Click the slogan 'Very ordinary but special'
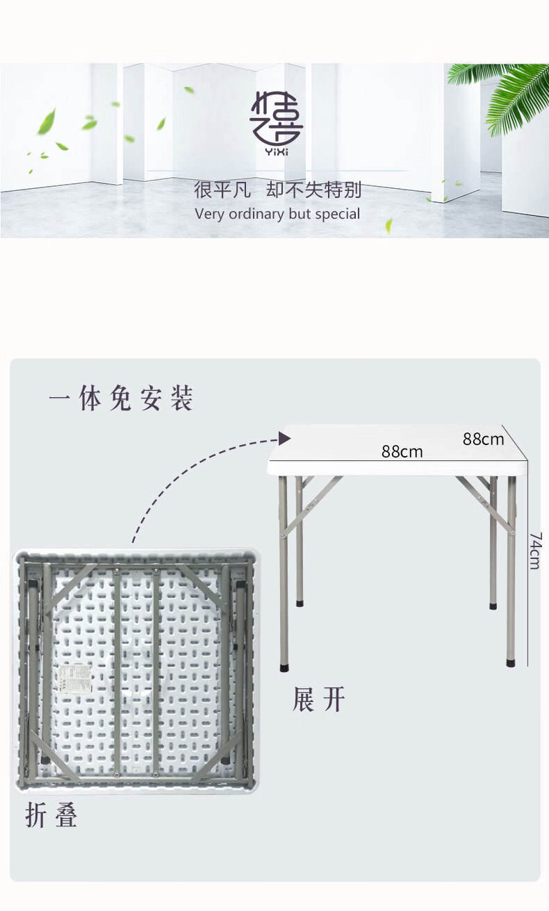(277, 214)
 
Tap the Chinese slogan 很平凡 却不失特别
(277, 190)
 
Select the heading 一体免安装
(120, 398)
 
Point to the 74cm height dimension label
(536, 551)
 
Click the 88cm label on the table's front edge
(402, 452)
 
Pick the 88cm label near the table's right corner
(483, 440)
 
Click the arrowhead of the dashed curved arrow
(285, 438)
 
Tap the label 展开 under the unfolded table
(318, 699)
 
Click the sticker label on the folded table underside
(76, 678)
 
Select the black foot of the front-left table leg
(284, 668)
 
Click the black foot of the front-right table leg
(511, 663)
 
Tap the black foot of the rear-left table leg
(300, 603)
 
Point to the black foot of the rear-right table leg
(493, 605)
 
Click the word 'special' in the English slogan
(338, 215)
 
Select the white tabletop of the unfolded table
(398, 449)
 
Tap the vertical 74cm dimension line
(528, 562)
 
